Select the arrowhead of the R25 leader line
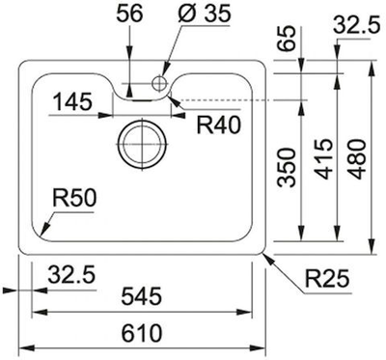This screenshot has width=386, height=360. tap(267, 254)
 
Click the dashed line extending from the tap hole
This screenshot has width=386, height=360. tap(232, 98)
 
